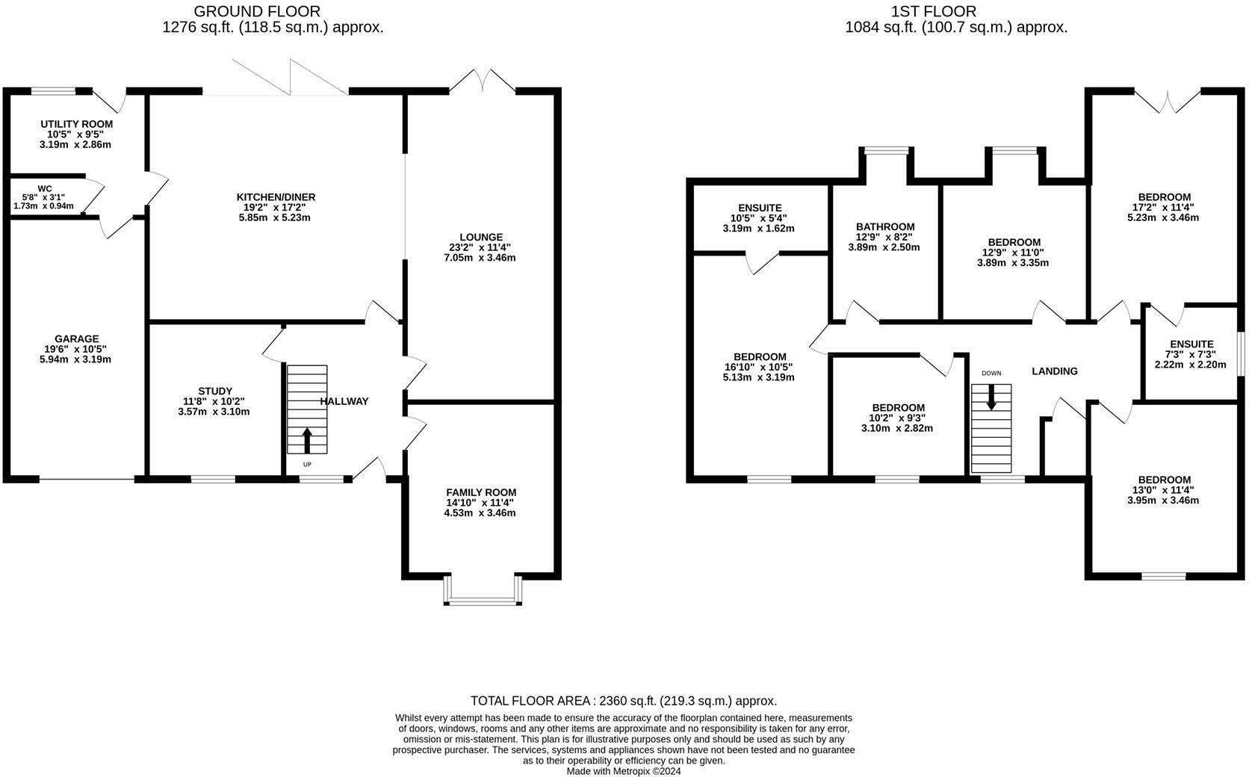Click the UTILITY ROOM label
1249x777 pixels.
pyautogui.click(x=76, y=124)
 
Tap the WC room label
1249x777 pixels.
pyautogui.click(x=45, y=188)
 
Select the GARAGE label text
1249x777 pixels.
pyautogui.click(x=76, y=338)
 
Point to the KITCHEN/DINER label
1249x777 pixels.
pyautogui.click(x=276, y=197)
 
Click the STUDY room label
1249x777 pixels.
pyautogui.click(x=215, y=391)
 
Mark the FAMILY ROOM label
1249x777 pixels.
pyautogui.click(x=481, y=492)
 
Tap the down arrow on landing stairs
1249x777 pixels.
pyautogui.click(x=991, y=397)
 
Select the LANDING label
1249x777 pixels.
pyautogui.click(x=1054, y=371)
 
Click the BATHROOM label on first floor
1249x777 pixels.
pyautogui.click(x=885, y=226)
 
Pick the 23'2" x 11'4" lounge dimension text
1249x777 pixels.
pyautogui.click(x=481, y=247)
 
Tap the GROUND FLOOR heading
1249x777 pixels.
pyautogui.click(x=257, y=11)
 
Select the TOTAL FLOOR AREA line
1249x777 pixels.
pyautogui.click(x=624, y=701)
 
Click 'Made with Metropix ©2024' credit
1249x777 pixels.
pyautogui.click(x=624, y=771)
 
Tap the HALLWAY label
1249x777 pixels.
pyautogui.click(x=344, y=401)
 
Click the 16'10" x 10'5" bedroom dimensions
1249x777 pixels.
pyautogui.click(x=759, y=367)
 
